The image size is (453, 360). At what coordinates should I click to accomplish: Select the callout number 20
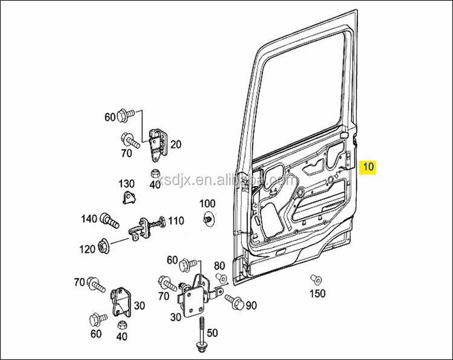click(x=176, y=144)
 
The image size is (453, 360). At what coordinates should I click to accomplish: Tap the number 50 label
click(x=212, y=333)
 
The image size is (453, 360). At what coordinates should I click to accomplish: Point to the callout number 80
click(x=219, y=265)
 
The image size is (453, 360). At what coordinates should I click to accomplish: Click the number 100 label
click(x=207, y=203)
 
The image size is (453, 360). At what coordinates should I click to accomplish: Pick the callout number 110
click(x=176, y=221)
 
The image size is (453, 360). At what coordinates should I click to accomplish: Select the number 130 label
click(x=126, y=183)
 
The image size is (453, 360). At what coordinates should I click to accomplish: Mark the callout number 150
click(x=318, y=293)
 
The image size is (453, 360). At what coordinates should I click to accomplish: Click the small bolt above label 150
click(x=314, y=279)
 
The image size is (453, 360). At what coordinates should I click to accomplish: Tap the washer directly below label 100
click(x=208, y=220)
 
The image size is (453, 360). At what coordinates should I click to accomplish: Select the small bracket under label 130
click(x=129, y=198)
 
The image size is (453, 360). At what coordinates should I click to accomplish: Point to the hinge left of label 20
click(x=156, y=144)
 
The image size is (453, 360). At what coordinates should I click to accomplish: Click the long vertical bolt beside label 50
click(x=200, y=332)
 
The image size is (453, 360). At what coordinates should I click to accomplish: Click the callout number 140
click(x=89, y=218)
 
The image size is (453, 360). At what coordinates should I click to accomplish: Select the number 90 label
click(x=251, y=304)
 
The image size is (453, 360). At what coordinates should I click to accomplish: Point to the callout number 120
click(x=87, y=249)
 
